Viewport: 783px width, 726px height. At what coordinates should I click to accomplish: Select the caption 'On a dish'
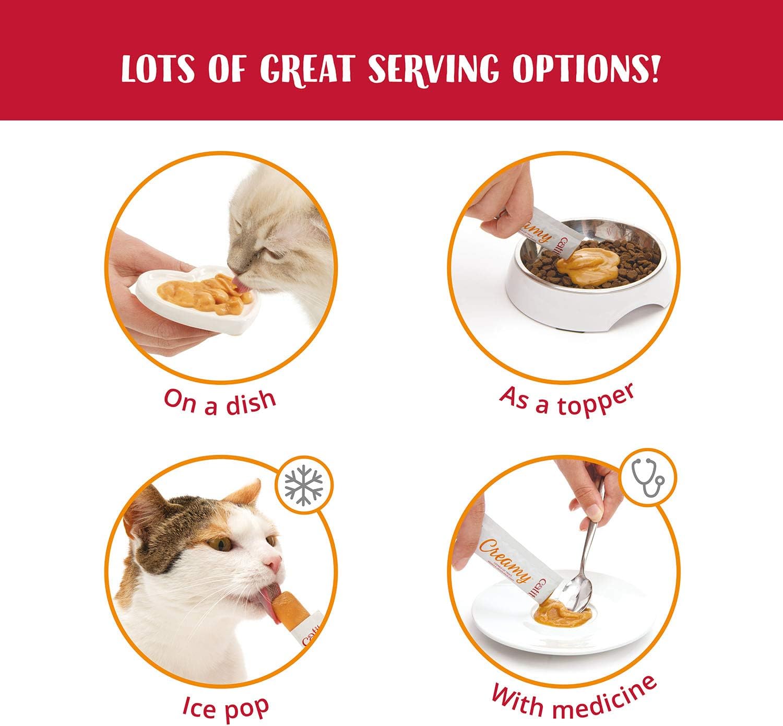220,401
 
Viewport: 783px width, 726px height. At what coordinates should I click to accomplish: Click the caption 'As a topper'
567,400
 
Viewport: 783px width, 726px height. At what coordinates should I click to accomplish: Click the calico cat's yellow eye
221,544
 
